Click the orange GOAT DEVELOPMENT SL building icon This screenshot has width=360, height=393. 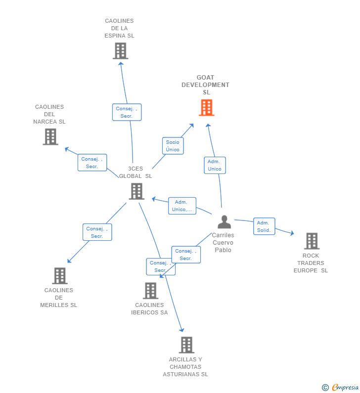point(206,107)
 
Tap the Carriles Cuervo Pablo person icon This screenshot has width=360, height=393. point(224,222)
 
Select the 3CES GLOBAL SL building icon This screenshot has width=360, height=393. point(136,191)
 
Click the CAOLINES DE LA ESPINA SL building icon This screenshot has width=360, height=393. point(120,51)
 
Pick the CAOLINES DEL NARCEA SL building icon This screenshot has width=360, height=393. point(50,137)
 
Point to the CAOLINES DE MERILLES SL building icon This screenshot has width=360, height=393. point(59,276)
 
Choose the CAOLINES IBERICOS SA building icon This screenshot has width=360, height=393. point(150,291)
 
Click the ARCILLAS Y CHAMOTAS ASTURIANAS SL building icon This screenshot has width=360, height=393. point(186,345)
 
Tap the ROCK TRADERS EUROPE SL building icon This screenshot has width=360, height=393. point(311,241)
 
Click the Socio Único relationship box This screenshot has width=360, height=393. point(173,146)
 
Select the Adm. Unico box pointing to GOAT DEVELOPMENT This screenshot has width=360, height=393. point(215,165)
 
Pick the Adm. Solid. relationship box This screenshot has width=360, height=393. point(264,226)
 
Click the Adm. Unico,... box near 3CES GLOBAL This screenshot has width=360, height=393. point(182,206)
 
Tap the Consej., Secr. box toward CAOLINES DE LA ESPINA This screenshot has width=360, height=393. point(127,112)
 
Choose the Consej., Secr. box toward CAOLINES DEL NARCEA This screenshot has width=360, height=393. point(92,163)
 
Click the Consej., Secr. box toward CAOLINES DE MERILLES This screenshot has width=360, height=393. point(97,232)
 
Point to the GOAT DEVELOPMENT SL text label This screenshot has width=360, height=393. point(206,85)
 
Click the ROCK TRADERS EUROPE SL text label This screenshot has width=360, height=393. point(311,263)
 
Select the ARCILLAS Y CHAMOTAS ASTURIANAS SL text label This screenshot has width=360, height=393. point(185,367)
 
